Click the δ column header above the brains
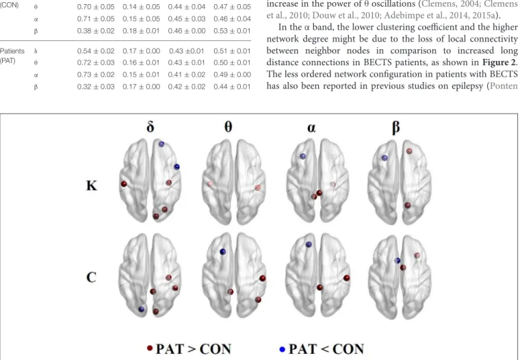(x=151, y=127)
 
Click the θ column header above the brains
(x=228, y=127)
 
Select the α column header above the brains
(x=311, y=128)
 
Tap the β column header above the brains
(x=395, y=127)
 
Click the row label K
(x=92, y=185)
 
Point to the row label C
(x=91, y=277)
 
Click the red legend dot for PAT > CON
(x=150, y=348)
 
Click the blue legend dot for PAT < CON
(x=283, y=349)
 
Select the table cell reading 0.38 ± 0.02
(x=96, y=31)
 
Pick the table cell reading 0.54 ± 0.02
(x=96, y=51)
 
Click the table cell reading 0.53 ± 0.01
(x=232, y=31)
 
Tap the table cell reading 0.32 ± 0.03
(x=96, y=87)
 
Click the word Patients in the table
(x=12, y=51)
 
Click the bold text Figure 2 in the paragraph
(x=497, y=62)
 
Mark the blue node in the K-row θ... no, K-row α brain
(x=303, y=156)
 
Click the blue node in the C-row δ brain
(x=141, y=309)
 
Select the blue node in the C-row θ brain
(x=223, y=252)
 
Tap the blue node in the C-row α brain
(x=309, y=244)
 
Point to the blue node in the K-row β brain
(x=385, y=158)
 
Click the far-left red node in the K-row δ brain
(x=124, y=184)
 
